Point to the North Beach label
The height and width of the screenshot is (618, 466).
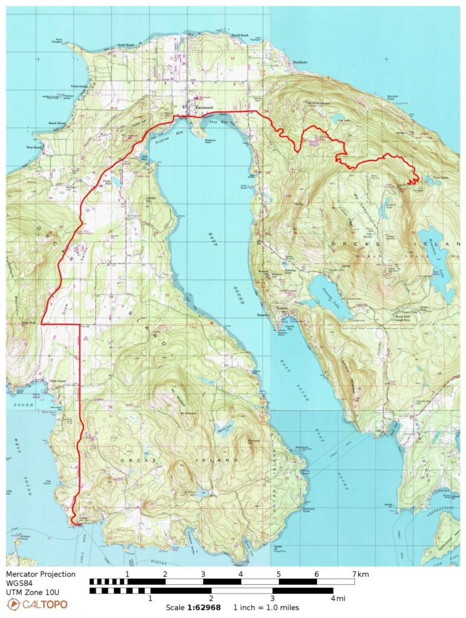(126, 45)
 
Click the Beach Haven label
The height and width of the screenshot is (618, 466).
(57, 123)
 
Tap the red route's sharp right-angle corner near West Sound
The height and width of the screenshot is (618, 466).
(80, 324)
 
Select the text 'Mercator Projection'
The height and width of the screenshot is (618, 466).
(41, 574)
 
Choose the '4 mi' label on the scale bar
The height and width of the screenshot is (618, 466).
(340, 599)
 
